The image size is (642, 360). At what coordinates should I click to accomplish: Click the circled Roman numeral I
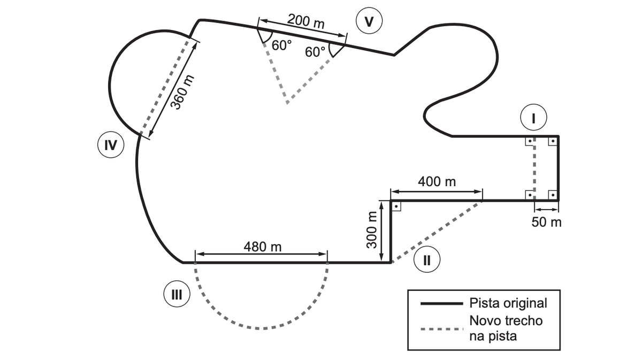(533, 118)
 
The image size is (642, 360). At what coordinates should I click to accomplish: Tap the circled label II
(427, 259)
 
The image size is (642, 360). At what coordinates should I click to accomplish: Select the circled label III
(177, 294)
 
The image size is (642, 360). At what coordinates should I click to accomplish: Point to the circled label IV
(111, 145)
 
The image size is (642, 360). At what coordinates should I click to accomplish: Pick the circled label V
(369, 21)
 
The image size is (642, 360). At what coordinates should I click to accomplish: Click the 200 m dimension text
(306, 21)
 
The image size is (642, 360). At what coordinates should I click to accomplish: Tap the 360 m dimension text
(182, 93)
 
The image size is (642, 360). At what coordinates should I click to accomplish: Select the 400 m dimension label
(437, 182)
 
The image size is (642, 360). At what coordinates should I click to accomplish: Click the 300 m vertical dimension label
(372, 230)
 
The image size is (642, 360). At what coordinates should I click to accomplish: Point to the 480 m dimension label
(263, 247)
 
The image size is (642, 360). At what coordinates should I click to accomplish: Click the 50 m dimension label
(546, 222)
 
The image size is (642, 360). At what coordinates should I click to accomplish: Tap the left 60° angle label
(281, 45)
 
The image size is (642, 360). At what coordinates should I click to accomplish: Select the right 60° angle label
(315, 52)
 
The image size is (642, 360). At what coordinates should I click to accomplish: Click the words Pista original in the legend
(508, 303)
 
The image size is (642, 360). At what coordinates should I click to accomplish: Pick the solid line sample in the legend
(442, 303)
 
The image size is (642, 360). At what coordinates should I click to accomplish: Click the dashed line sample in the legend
(442, 329)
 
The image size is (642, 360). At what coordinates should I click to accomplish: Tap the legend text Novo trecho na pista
(506, 328)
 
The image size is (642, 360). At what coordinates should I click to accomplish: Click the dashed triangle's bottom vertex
(287, 103)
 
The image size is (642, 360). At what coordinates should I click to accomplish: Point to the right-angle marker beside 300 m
(396, 206)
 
